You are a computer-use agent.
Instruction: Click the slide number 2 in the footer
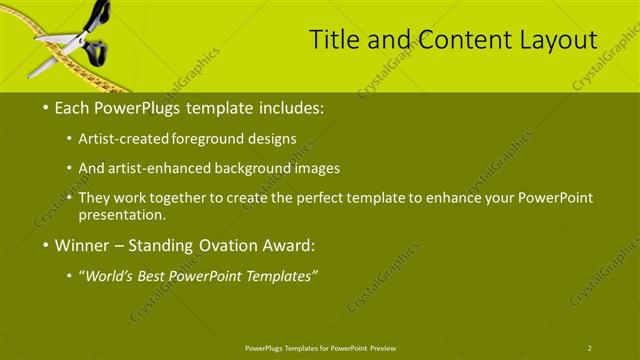click(590, 347)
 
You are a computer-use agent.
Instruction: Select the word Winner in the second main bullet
click(83, 245)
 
